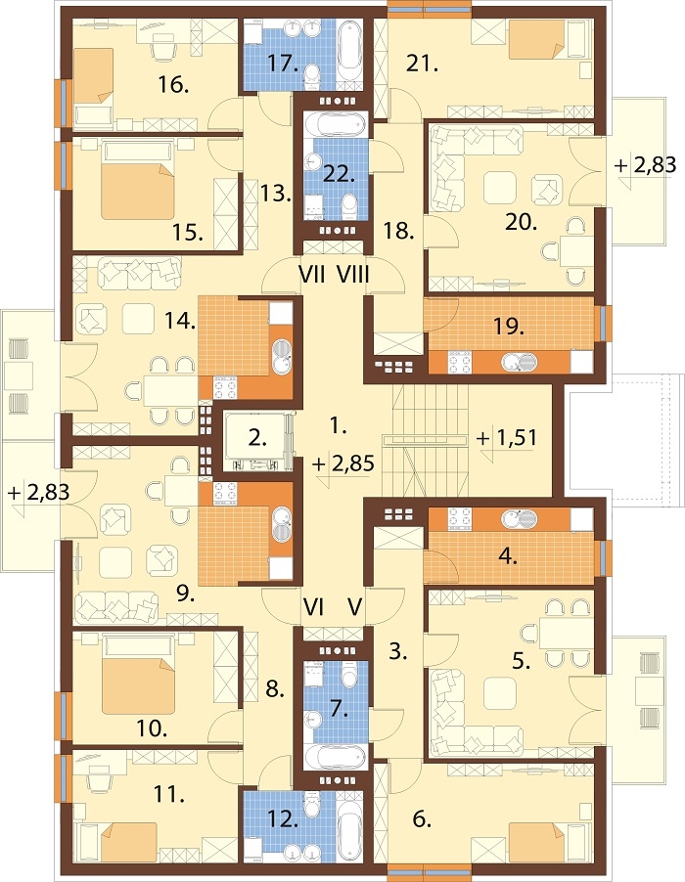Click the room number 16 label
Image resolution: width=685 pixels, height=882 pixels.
(x=173, y=86)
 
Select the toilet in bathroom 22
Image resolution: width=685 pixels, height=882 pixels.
(x=349, y=206)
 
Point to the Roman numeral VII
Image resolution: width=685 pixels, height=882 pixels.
(x=312, y=275)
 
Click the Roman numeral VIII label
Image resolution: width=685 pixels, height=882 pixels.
(x=353, y=275)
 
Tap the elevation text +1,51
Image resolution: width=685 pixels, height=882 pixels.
(x=507, y=438)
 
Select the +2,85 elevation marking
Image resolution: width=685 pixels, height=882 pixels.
(x=343, y=464)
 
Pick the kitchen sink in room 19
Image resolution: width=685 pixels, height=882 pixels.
(x=519, y=362)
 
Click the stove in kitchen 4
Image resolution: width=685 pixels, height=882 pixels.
(x=460, y=519)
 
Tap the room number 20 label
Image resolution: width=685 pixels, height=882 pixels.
(x=521, y=223)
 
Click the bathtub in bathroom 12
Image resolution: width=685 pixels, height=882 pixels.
(x=349, y=831)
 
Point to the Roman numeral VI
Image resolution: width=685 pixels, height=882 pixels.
(x=313, y=607)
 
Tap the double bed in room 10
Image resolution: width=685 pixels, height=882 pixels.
(x=138, y=682)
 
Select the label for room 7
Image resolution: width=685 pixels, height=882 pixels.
(x=338, y=709)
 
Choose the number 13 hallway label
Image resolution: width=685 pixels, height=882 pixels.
(x=275, y=194)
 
